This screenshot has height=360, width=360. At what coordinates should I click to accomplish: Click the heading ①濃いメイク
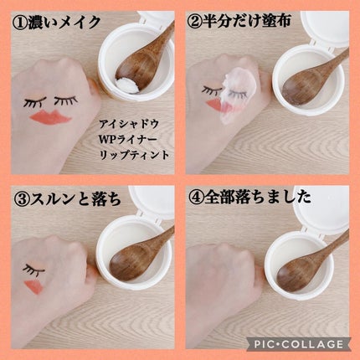[x=56, y=23]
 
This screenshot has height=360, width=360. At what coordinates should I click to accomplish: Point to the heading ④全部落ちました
[x=249, y=198]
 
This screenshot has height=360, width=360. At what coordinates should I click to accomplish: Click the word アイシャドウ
[x=129, y=123]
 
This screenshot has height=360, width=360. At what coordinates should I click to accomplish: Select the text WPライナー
[x=129, y=139]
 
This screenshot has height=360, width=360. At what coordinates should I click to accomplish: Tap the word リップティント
[x=135, y=154]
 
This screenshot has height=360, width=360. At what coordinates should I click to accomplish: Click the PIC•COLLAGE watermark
[x=299, y=344]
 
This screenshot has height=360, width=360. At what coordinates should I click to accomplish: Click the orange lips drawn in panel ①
[x=51, y=116]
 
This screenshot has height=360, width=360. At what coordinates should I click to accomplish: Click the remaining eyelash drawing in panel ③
[x=33, y=269]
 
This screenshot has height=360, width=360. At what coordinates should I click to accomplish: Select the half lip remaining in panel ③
[x=33, y=286]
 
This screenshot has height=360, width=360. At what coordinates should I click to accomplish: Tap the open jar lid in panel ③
[x=152, y=201]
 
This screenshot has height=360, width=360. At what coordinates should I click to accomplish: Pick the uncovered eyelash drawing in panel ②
[x=211, y=90]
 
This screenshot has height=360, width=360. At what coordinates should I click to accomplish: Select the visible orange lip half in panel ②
[x=214, y=105]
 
